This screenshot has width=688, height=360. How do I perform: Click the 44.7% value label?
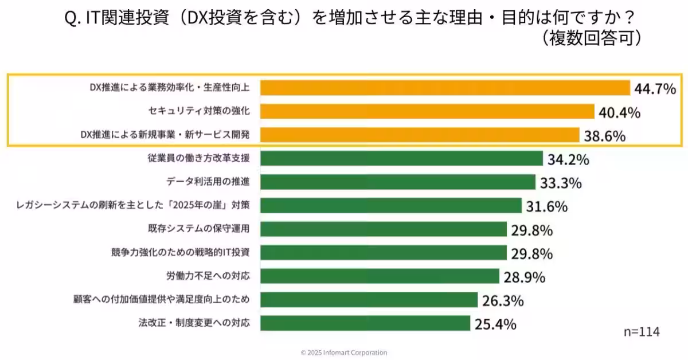point(655,89)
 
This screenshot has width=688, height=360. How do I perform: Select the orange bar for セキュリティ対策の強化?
point(427,111)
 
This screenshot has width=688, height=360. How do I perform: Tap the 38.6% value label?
point(604,136)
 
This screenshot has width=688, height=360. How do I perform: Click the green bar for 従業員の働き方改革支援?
point(401,158)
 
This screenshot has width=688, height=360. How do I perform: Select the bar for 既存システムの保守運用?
point(383,229)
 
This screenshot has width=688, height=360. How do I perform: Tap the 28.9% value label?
point(524,277)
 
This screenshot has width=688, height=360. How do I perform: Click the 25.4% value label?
point(495,324)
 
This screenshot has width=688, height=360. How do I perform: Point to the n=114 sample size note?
point(642,332)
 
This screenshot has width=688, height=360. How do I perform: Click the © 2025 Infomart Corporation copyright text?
point(343,353)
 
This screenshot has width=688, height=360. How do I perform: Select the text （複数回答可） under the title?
point(591,38)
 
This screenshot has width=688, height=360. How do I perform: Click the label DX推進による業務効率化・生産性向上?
point(170,88)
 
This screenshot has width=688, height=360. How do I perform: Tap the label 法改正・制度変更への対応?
point(195,323)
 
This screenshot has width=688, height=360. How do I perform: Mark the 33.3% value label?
point(560,183)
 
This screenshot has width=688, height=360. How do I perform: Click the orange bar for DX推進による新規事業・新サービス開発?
point(419,135)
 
